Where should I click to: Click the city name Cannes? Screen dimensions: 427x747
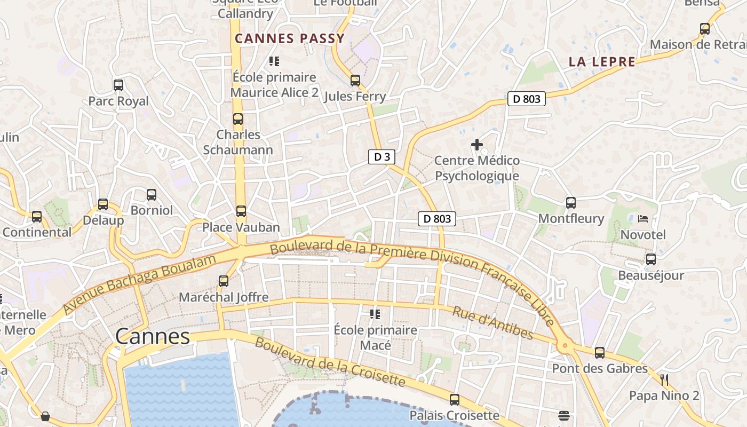coord(153,336)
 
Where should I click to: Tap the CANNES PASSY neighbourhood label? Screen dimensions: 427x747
coord(290,38)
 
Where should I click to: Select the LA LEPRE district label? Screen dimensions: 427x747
coord(602,62)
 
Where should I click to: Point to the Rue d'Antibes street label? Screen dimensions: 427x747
coord(492,323)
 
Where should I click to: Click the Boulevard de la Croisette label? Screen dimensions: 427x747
coord(329,361)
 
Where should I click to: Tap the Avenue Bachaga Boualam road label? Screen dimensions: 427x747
coord(140,283)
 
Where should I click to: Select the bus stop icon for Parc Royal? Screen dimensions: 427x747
coord(118,85)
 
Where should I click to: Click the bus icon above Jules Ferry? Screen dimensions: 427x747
coord(355,81)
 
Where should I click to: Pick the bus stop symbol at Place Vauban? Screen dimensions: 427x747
coord(241,211)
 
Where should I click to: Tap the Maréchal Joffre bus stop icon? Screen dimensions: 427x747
coord(224,281)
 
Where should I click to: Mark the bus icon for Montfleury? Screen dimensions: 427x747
coord(571,202)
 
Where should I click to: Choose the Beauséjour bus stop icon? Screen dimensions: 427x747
coord(651,259)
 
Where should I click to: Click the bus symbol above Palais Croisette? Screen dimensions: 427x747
coord(455,399)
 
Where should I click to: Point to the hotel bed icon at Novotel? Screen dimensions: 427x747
coord(643,219)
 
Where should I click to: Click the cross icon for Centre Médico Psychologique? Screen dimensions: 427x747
coord(477,145)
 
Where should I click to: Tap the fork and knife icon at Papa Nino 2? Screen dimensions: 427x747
coord(664,379)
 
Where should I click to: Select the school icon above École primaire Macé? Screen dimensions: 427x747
coord(375,314)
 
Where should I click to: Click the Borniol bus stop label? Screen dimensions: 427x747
coord(152,210)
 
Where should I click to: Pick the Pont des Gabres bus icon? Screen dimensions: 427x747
coord(600,352)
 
